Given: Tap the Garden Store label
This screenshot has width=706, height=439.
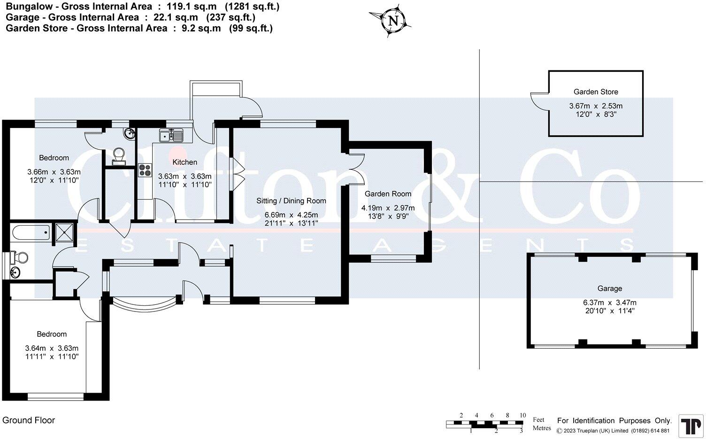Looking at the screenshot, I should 596,92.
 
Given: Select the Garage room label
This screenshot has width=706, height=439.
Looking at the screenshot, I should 609,288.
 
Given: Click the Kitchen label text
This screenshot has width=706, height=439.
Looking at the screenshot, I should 185,162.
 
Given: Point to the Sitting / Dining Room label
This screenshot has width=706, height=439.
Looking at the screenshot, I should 291,201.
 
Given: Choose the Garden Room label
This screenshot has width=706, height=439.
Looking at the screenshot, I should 388,194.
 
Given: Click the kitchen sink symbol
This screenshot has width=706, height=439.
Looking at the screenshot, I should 171,136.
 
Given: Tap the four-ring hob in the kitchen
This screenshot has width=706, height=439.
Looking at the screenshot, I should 145,170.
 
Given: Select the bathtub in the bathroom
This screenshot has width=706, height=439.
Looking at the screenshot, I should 31,232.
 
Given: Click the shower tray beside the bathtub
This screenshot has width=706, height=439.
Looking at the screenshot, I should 64,232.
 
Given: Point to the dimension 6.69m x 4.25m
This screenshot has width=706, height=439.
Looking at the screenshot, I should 291,215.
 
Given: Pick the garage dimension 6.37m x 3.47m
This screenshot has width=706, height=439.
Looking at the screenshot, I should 609,303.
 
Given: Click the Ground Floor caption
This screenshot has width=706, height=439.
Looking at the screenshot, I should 29,420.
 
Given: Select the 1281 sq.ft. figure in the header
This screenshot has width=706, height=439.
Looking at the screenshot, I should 252,7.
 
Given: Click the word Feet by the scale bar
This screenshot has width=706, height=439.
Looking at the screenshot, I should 538,420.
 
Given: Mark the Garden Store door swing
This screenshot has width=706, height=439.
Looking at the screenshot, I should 539,101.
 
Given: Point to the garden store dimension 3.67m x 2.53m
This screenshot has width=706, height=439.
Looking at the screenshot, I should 596,106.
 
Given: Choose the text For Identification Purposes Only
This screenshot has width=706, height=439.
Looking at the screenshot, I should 614,421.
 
